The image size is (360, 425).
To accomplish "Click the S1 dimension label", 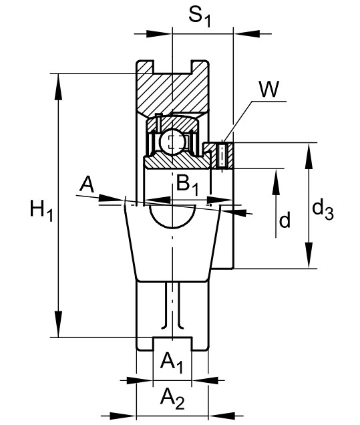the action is pyautogui.click(x=199, y=17).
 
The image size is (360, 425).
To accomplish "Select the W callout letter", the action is pyautogui.click(x=268, y=89).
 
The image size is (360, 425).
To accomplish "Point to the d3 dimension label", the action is pyautogui.click(x=323, y=210).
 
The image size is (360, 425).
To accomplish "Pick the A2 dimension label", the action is pyautogui.click(x=172, y=399).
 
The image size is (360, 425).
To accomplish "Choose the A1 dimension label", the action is pyautogui.click(x=172, y=364).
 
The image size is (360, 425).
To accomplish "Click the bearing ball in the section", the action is pyautogui.click(x=172, y=142).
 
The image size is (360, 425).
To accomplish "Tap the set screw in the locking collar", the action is pyautogui.click(x=222, y=156).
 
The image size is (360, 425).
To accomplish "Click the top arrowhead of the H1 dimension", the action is pyautogui.click(x=58, y=86).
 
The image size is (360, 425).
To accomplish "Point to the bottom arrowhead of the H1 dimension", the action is pyautogui.click(x=58, y=325).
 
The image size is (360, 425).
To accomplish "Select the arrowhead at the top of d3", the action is pyautogui.click(x=309, y=155).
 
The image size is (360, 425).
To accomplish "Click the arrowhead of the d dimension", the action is pyautogui.click(x=276, y=181).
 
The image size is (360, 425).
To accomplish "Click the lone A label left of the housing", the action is pyautogui.click(x=87, y=184).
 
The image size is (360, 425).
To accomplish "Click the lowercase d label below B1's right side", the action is pyautogui.click(x=285, y=219).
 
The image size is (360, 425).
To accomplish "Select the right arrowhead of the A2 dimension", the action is pyautogui.click(x=222, y=415).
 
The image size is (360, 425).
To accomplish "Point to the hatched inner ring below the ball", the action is pyautogui.click(x=176, y=162).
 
